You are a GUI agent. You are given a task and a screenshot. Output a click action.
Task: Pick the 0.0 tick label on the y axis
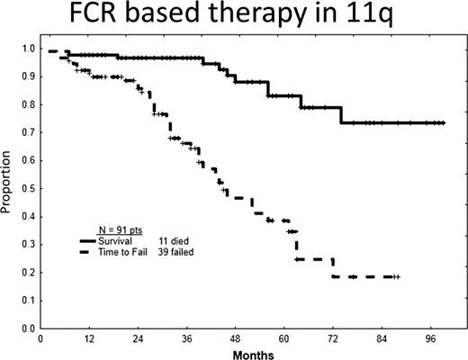[25, 328]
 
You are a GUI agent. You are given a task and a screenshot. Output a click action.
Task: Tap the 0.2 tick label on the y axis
[25, 273]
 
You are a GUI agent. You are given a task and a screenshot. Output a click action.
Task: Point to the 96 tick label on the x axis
[431, 339]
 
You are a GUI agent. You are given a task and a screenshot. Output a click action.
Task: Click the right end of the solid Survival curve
[445, 122]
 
